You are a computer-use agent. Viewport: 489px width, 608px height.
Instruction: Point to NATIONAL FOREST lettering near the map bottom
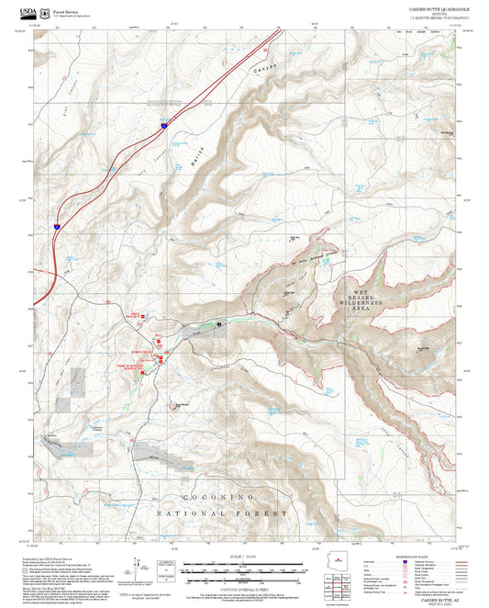tap(221, 512)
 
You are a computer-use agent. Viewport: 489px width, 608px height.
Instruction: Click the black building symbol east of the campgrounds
tap(220, 323)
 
